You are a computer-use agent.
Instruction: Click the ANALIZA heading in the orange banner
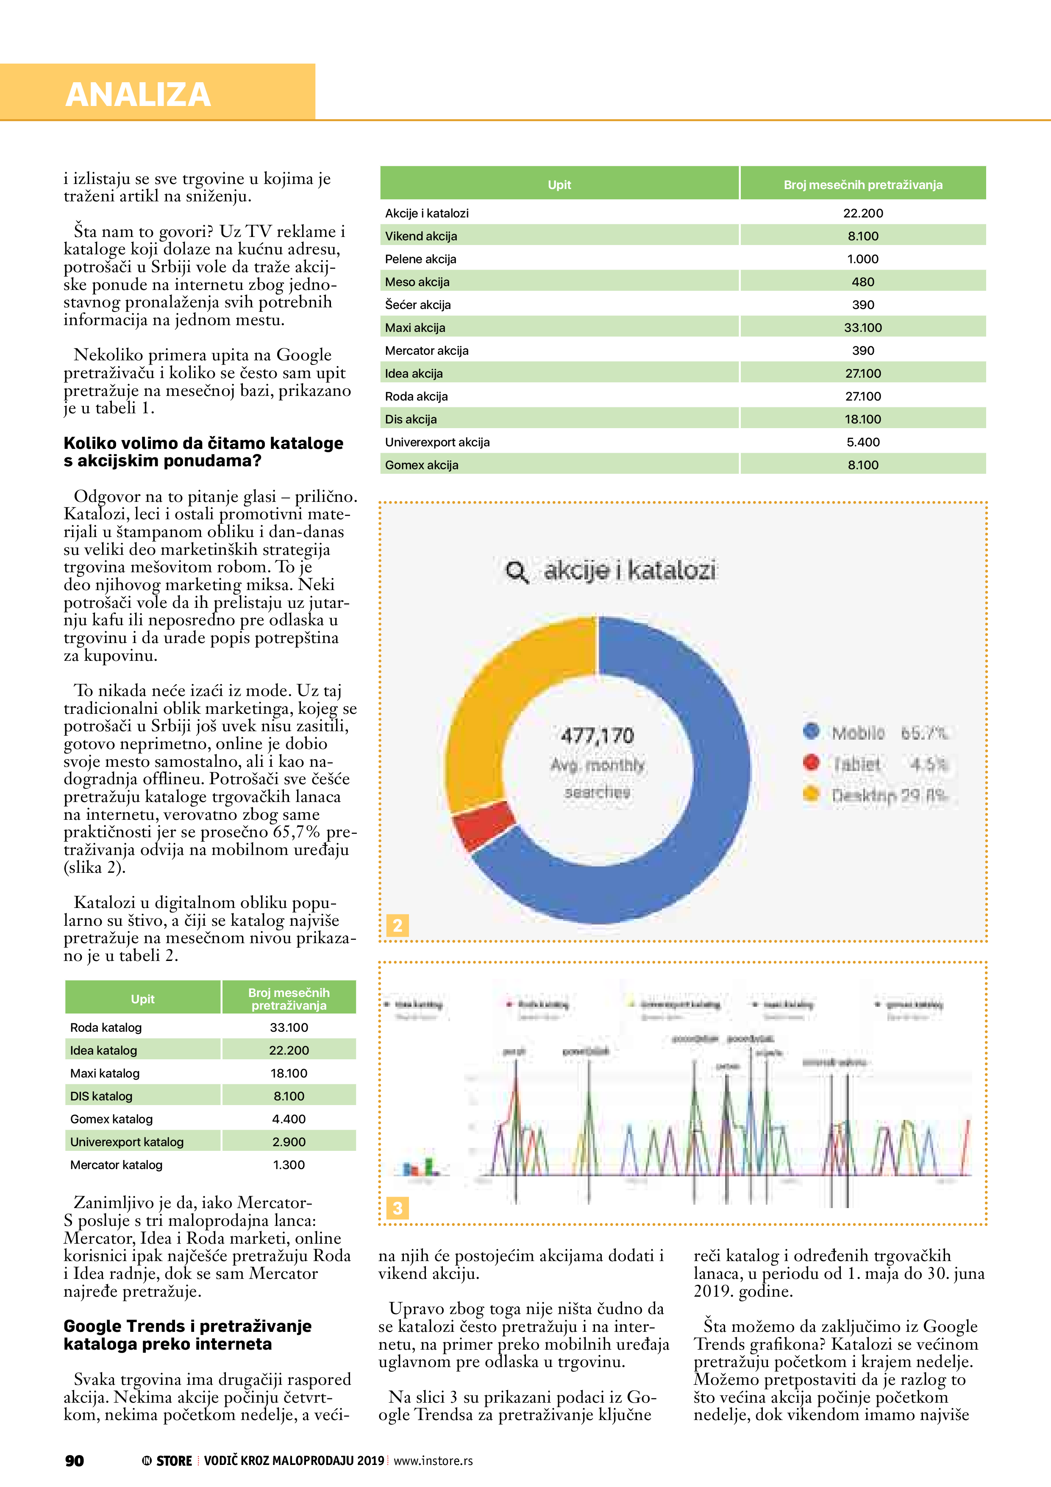pyautogui.click(x=138, y=95)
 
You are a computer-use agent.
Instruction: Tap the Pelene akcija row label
pyautogui.click(x=420, y=259)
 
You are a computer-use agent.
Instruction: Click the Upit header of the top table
pyautogui.click(x=559, y=184)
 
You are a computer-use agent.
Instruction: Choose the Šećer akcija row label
pyautogui.click(x=418, y=305)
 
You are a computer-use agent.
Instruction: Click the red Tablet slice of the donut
pyautogui.click(x=482, y=825)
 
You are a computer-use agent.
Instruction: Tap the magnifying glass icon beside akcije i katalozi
pyautogui.click(x=516, y=572)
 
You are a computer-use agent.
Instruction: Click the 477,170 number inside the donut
pyautogui.click(x=597, y=736)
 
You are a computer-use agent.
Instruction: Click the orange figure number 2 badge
pyautogui.click(x=397, y=925)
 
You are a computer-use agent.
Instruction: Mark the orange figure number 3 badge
pyautogui.click(x=397, y=1208)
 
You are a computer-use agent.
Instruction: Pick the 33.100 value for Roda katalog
pyautogui.click(x=289, y=1028)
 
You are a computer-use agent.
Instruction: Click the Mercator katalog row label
pyautogui.click(x=116, y=1165)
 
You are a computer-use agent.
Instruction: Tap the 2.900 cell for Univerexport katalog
pyautogui.click(x=289, y=1142)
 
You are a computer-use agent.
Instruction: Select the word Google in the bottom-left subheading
pyautogui.click(x=91, y=1326)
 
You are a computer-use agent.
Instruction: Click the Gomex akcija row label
pyautogui.click(x=422, y=465)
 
